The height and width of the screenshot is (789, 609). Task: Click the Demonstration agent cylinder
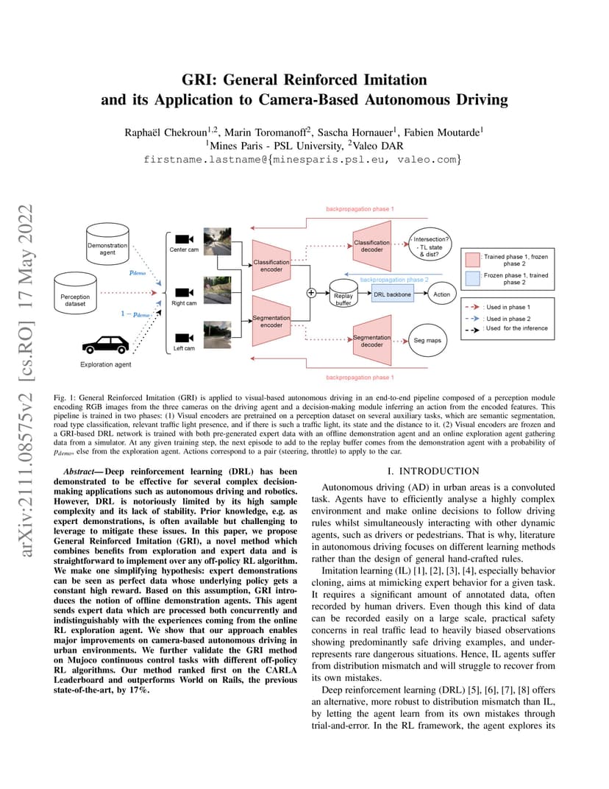pos(107,244)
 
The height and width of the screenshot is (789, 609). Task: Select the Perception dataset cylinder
pos(75,294)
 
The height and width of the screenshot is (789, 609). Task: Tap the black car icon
pos(106,344)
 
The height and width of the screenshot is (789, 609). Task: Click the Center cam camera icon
pos(184,238)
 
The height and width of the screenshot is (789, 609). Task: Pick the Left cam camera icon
pos(184,338)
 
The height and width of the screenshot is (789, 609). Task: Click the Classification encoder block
pos(271,265)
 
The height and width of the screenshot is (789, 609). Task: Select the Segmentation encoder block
pos(271,321)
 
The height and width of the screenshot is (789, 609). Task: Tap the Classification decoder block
pos(372,246)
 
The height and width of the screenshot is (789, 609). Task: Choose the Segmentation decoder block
pos(372,341)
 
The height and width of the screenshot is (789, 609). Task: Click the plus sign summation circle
pos(311,292)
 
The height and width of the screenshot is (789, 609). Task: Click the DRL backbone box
pos(393,294)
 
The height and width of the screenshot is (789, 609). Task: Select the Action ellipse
pos(441,294)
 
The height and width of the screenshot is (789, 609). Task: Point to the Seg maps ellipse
pos(427,340)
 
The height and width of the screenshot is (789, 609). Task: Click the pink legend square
pos(472,260)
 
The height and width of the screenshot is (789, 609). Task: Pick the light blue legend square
pos(472,278)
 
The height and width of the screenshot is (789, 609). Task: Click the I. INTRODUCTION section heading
pos(433,471)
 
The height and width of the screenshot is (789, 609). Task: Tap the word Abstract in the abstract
pos(79,472)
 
